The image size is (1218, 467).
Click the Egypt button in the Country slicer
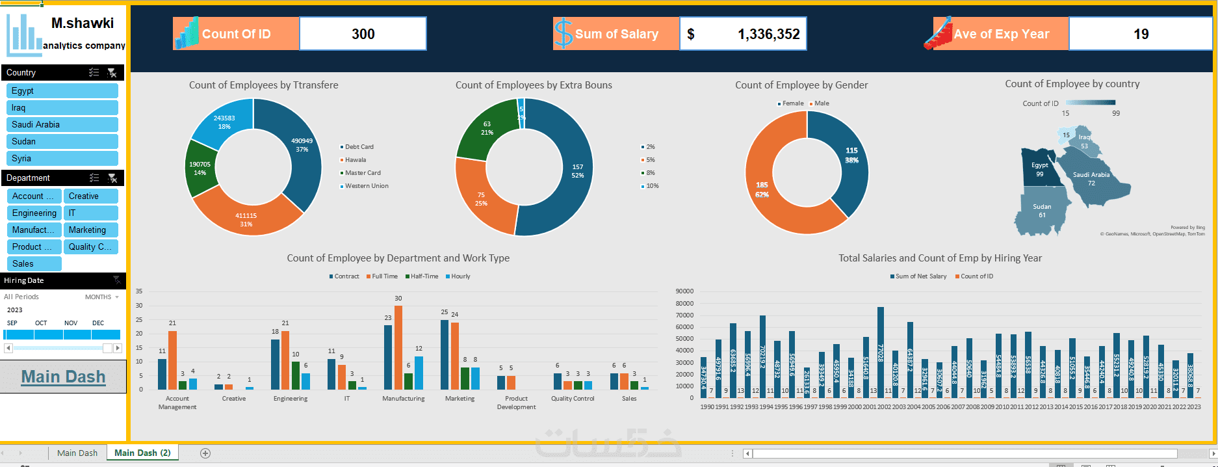(x=62, y=91)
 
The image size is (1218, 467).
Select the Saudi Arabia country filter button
(x=62, y=125)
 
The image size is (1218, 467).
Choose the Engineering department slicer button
(x=34, y=213)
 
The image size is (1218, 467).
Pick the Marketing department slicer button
(x=90, y=230)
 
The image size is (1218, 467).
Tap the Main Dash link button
(x=63, y=377)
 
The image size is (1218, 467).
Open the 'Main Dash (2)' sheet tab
(x=142, y=453)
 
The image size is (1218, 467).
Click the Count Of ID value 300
(x=363, y=34)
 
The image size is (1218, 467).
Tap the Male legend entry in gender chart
(x=822, y=103)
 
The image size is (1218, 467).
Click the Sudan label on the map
(x=1042, y=207)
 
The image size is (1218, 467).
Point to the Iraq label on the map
(x=1084, y=137)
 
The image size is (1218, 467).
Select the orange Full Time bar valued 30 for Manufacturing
(x=398, y=347)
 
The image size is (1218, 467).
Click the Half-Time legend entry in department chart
(x=424, y=276)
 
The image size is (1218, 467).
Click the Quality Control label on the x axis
(x=573, y=399)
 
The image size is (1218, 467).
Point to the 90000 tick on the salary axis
(x=684, y=291)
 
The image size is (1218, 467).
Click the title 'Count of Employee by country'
(x=1072, y=84)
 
